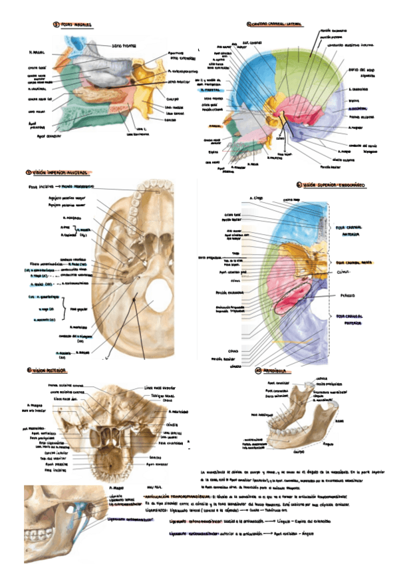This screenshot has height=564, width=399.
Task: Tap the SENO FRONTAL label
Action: tap(124, 46)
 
